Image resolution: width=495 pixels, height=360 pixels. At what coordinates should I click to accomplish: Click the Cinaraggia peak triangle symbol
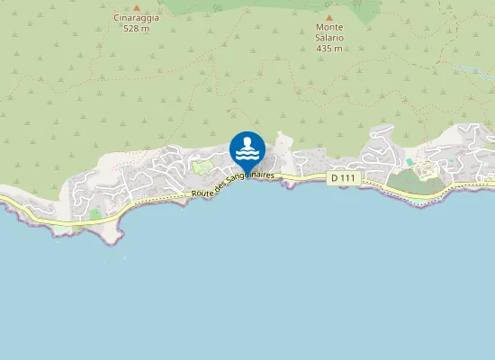click(137, 7)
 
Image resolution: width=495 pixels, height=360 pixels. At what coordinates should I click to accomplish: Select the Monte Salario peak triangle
click(329, 17)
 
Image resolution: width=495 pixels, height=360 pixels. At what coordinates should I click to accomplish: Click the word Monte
click(329, 27)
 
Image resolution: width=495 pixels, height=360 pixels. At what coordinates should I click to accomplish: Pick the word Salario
click(329, 38)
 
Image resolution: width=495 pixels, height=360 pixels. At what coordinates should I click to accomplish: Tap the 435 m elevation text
click(329, 49)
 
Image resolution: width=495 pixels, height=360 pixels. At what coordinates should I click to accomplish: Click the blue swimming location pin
click(247, 149)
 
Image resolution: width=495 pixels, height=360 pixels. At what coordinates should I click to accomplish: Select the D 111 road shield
click(345, 178)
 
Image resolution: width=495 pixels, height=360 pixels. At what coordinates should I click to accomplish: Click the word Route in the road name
click(202, 192)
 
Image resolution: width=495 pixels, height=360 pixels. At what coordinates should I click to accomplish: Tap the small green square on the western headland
click(94, 214)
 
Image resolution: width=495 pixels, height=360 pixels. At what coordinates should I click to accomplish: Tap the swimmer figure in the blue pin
click(247, 143)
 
